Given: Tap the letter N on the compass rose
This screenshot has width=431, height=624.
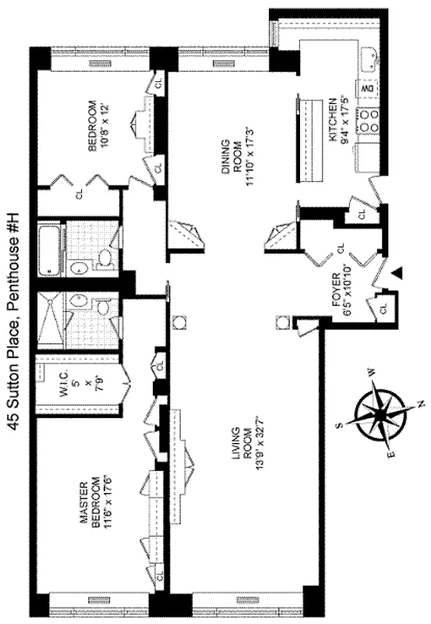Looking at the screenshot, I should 421,403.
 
